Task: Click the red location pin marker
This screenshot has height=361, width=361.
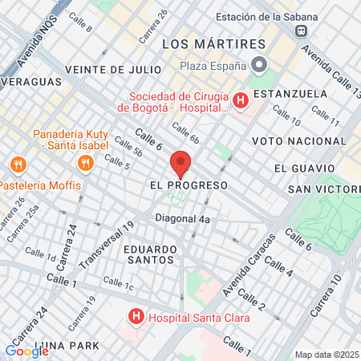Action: [180, 163]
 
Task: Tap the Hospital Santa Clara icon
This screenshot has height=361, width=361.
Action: [136, 318]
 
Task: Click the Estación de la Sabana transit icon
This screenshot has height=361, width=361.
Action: [302, 31]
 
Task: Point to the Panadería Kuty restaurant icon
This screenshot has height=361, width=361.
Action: [84, 163]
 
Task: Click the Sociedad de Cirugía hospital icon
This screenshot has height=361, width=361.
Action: [240, 100]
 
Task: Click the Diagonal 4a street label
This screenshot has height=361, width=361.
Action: [184, 218]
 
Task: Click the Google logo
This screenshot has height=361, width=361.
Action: [26, 351]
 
